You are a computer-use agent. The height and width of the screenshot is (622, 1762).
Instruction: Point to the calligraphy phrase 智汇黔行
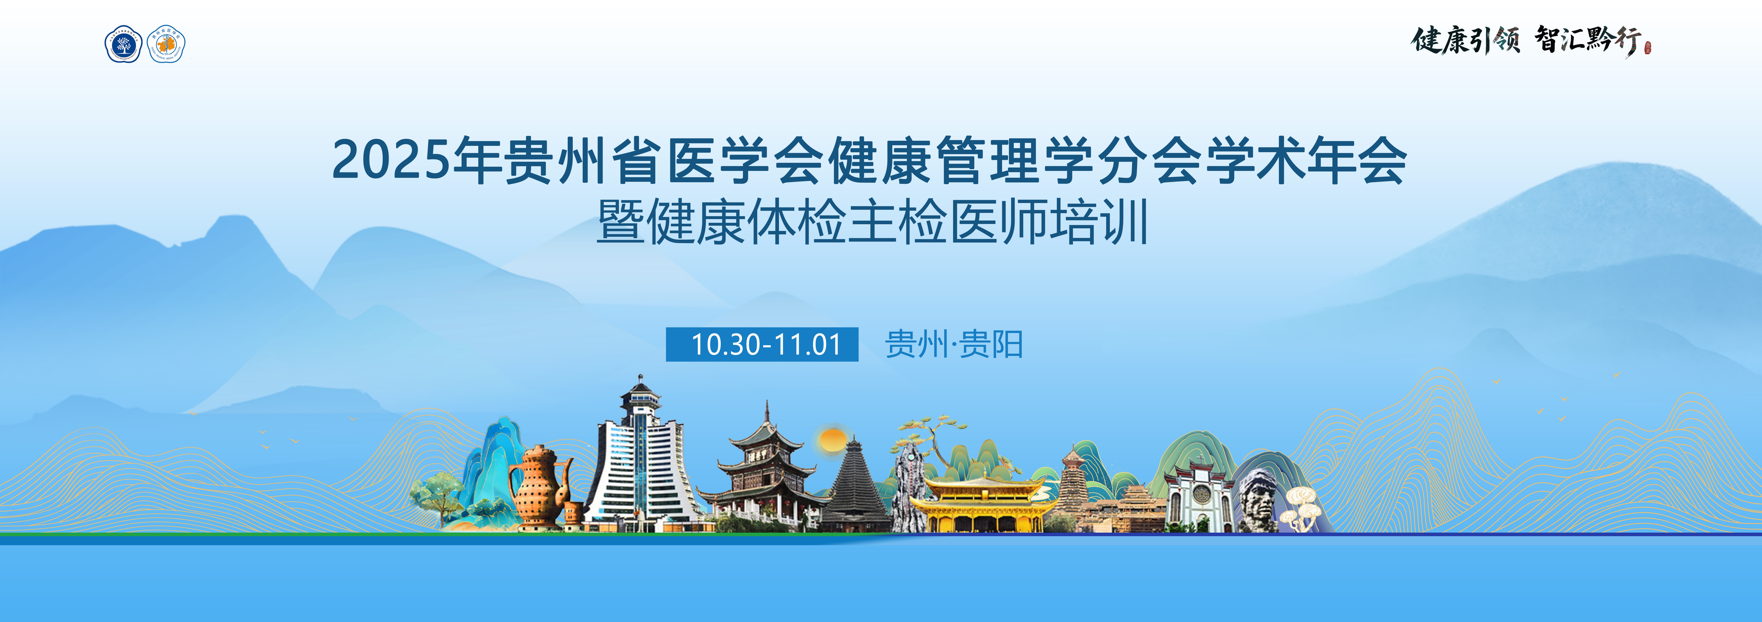tap(1587, 40)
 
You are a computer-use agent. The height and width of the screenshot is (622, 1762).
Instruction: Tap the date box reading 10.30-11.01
tap(762, 344)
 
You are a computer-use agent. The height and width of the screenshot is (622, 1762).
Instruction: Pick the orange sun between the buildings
tap(832, 439)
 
